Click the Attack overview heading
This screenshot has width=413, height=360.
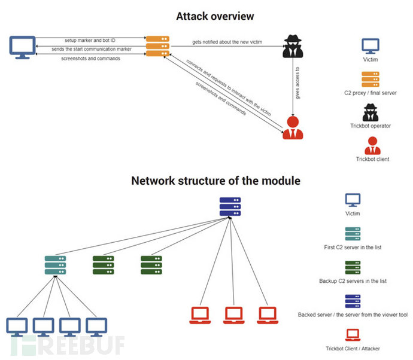pyautogui.click(x=215, y=16)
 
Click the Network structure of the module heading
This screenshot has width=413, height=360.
pyautogui.click(x=215, y=180)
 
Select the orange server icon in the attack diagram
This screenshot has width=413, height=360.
pyautogui.click(x=157, y=46)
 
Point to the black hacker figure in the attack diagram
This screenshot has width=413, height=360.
pyautogui.click(x=291, y=47)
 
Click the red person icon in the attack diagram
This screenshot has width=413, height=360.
pyautogui.click(x=291, y=127)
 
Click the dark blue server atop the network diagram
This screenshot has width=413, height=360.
pyautogui.click(x=229, y=206)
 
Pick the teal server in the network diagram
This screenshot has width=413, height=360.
pyautogui.click(x=55, y=265)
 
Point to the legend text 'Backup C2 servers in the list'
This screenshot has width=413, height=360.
pyautogui.click(x=353, y=280)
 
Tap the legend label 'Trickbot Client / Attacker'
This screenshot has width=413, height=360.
pyautogui.click(x=353, y=348)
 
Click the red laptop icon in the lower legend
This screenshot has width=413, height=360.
pyautogui.click(x=353, y=332)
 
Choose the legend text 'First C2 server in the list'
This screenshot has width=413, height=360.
pyautogui.click(x=353, y=246)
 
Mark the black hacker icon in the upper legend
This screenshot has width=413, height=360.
pyautogui.click(x=370, y=112)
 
